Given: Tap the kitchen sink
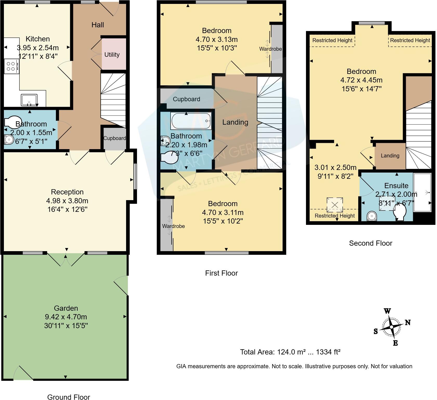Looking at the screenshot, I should [x=29, y=100].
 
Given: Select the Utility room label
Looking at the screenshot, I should [x=112, y=55].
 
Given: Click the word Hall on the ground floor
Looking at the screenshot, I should [x=97, y=25].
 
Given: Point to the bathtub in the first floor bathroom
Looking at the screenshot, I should [x=191, y=121].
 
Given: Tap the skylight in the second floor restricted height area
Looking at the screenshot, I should [x=335, y=205].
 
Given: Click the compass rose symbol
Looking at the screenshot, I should [x=391, y=327].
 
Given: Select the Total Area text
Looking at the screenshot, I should [x=290, y=352].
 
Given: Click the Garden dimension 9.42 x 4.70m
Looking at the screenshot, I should [x=66, y=317].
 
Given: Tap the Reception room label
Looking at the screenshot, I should [x=67, y=192].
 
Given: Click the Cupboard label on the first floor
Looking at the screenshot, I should [x=186, y=99].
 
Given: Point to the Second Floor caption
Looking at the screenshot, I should [x=370, y=243].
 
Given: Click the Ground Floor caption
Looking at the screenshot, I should [x=69, y=397].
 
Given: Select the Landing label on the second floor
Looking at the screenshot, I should [x=390, y=156].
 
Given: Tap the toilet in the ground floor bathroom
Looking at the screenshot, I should [x=12, y=122].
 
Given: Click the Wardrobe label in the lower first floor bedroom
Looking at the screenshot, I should [x=173, y=226].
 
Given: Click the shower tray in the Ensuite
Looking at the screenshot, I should [x=422, y=193].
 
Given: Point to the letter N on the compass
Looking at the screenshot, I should [x=408, y=323].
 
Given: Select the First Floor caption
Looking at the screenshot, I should [x=221, y=273].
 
